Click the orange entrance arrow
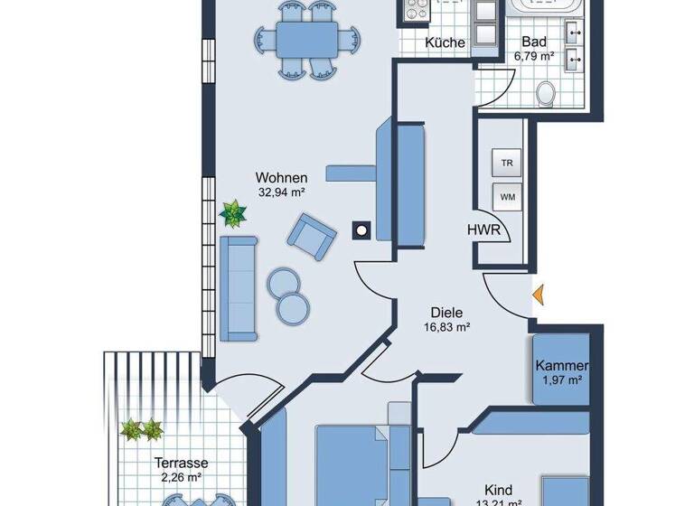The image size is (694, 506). tap(537, 295)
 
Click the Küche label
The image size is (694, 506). tap(445, 42)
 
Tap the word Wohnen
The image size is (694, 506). tap(282, 178)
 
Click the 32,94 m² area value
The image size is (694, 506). tap(282, 192)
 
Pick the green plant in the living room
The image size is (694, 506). tap(234, 214)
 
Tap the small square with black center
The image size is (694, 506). tap(362, 230)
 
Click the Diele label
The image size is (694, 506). tap(446, 313)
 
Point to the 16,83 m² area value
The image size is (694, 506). tap(446, 328)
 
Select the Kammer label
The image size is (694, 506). tap(561, 366)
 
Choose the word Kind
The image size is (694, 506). tap(498, 485)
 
